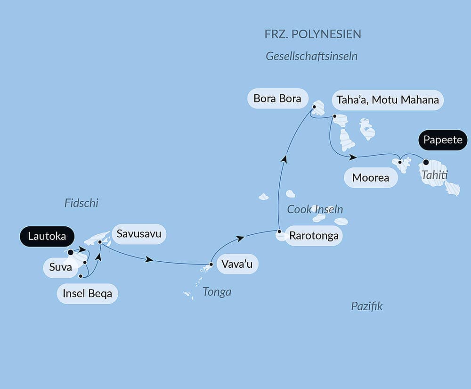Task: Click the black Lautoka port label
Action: (x=47, y=237)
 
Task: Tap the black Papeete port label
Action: (x=442, y=140)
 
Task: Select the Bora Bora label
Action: (x=277, y=99)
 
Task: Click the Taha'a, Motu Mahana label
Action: (x=388, y=100)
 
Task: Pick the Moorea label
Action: (x=371, y=178)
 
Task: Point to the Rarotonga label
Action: (x=314, y=236)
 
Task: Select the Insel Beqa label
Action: (x=87, y=294)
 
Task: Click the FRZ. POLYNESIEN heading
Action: (x=313, y=34)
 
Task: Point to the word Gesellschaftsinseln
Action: (x=311, y=57)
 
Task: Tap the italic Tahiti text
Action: (x=434, y=175)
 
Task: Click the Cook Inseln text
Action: (x=315, y=209)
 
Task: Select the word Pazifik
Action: (x=367, y=306)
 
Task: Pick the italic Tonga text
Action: (x=217, y=292)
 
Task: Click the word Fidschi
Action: (x=81, y=203)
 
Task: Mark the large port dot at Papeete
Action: (x=426, y=162)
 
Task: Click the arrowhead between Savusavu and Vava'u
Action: (x=150, y=259)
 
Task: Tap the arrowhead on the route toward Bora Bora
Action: (x=284, y=159)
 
